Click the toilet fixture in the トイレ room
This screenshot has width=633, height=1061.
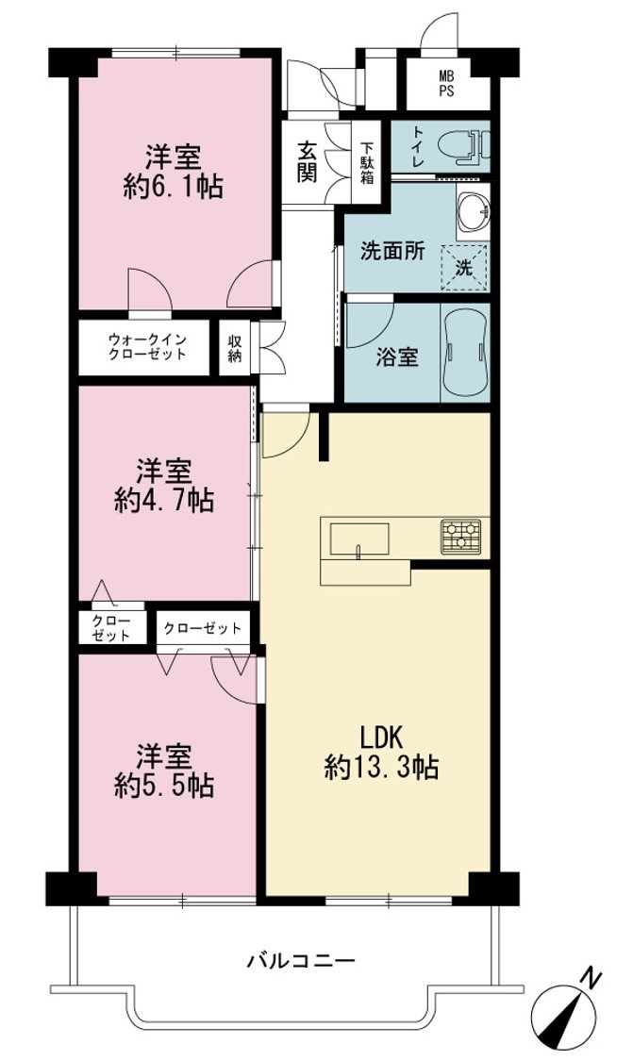tap(464, 147)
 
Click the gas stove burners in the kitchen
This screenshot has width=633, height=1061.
tap(460, 536)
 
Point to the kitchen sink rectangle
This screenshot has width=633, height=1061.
tap(359, 539)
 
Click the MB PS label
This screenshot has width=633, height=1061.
tap(446, 83)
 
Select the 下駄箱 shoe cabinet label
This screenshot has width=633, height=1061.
tap(366, 162)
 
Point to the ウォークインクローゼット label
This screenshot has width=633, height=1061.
tap(147, 346)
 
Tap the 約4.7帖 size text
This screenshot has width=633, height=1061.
tap(164, 501)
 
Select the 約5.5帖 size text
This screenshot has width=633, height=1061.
tap(164, 785)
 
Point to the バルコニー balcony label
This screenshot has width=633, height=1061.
tap(301, 960)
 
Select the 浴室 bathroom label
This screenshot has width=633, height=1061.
tap(397, 356)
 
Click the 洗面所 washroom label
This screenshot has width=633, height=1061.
tap(392, 252)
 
